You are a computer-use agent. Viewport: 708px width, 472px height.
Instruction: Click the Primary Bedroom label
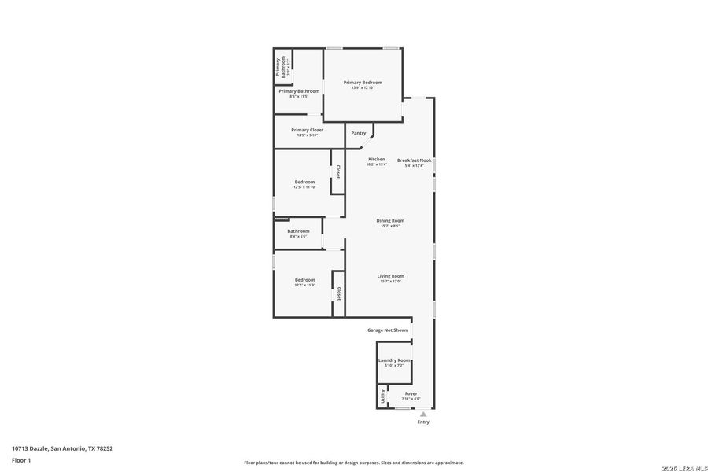click(363, 83)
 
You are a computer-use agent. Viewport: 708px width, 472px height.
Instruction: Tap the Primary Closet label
click(307, 130)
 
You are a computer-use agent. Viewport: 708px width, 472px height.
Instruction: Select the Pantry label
click(359, 133)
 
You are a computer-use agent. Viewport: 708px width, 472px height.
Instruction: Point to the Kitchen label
click(377, 160)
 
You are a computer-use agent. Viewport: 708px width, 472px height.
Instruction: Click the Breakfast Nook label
click(414, 160)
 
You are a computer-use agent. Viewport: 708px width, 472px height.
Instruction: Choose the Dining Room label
click(390, 220)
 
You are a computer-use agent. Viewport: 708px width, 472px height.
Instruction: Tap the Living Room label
click(390, 276)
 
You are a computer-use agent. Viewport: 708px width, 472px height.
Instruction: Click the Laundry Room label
click(393, 360)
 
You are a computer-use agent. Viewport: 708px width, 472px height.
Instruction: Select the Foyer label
click(411, 393)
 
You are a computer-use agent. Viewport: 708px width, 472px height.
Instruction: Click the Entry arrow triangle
click(423, 414)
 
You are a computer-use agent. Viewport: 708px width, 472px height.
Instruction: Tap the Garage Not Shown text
click(388, 330)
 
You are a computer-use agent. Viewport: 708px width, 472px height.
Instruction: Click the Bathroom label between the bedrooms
click(298, 231)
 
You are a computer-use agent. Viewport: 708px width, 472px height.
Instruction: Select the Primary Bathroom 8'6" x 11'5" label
click(299, 91)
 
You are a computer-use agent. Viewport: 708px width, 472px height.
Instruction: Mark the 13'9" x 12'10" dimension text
click(363, 87)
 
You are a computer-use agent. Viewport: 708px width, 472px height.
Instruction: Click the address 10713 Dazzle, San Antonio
click(62, 448)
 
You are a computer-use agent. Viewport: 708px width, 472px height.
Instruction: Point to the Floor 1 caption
click(20, 460)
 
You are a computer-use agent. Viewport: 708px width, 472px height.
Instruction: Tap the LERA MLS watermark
click(684, 468)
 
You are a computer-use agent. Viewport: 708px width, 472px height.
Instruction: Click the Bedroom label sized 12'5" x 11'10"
click(304, 182)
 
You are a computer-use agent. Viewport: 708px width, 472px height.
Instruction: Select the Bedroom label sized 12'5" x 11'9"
click(304, 280)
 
